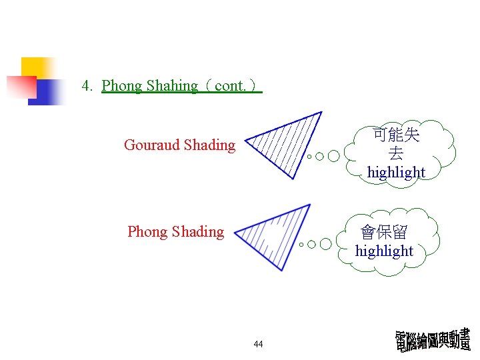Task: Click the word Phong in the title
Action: [122, 86]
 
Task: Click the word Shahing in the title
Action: [172, 86]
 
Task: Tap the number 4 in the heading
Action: [86, 86]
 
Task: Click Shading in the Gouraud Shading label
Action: [209, 145]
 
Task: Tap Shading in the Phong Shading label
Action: [198, 232]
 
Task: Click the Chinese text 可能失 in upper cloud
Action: [396, 135]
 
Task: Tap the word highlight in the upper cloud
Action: [396, 172]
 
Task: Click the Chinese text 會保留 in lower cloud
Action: [384, 233]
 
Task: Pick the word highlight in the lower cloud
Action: [384, 251]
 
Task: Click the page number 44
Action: [259, 344]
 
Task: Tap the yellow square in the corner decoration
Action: [36, 67]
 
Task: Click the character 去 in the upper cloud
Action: [396, 153]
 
